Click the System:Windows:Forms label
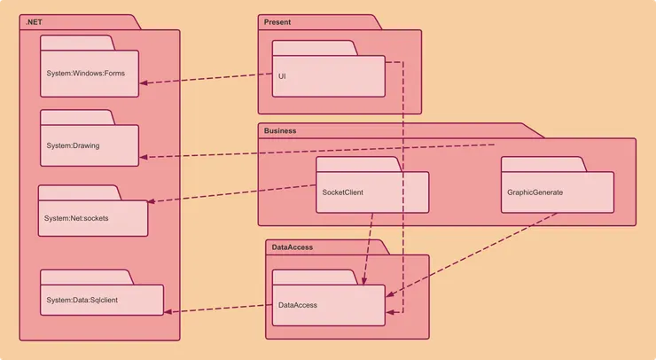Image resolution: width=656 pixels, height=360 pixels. coord(85,74)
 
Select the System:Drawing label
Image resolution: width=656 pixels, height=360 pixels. coord(73,145)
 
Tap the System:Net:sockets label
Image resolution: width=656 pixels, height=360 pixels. coord(76,218)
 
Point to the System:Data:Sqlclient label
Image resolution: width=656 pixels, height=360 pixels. coord(82,300)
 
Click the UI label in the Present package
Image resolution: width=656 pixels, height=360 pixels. coord(282,76)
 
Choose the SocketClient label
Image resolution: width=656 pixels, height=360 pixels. coord(343,192)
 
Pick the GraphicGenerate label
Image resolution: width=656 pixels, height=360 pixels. coord(535,192)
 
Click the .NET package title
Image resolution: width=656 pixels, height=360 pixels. coord(34,22)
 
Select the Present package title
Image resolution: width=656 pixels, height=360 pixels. coord(277,22)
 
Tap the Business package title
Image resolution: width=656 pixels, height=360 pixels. coord(280,130)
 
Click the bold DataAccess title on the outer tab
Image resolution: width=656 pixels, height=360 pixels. coord(292,247)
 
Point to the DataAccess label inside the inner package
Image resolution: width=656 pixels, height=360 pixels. coord(298,305)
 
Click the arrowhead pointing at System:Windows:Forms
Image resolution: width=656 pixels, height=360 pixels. coord(144,82)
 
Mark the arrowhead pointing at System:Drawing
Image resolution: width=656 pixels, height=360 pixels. coord(144,157)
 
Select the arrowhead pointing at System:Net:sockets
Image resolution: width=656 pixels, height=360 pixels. coord(152,201)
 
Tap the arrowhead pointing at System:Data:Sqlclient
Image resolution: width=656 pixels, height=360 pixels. coord(168,311)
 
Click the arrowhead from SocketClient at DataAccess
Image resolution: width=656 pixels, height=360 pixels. coord(364,281)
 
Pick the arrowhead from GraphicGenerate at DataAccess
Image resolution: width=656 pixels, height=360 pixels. coord(390,294)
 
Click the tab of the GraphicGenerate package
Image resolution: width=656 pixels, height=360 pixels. coord(544,164)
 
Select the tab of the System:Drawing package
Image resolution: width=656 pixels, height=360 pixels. coord(77,117)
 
